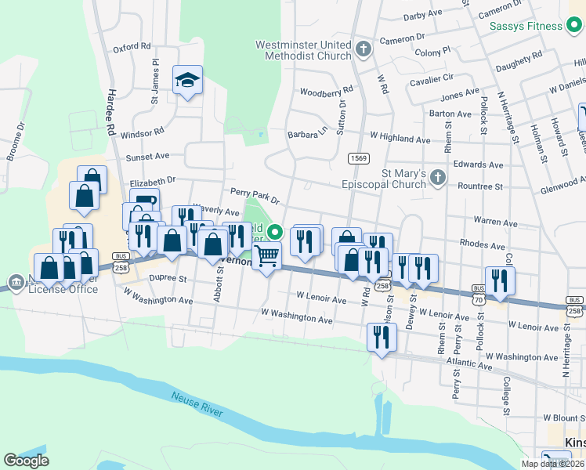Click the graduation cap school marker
pos(187,81)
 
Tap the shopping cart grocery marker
pos(267,255)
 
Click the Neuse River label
pos(197,404)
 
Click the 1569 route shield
pos(359,158)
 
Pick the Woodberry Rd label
pos(326,92)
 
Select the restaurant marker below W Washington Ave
pos(381,338)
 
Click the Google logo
pos(27,461)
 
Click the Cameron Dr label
pos(402,38)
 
